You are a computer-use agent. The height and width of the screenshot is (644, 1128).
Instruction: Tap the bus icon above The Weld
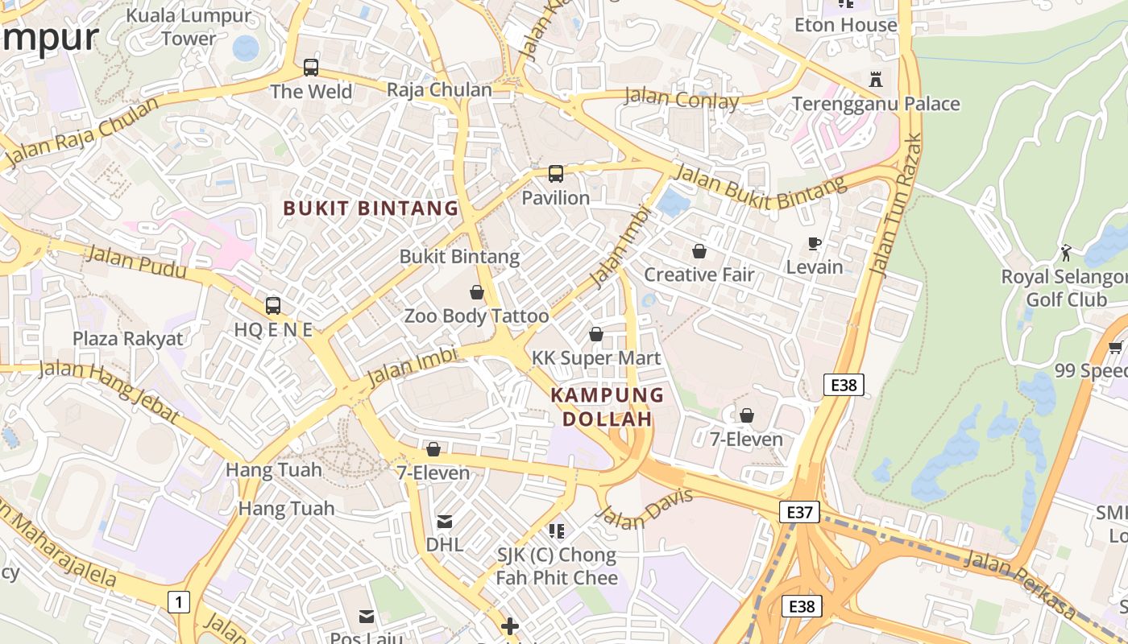[311, 68]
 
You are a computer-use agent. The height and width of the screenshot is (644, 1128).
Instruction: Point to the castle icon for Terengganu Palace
[876, 79]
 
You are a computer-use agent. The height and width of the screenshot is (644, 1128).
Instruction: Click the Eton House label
[845, 25]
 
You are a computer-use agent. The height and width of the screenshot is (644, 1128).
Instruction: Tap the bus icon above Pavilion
[556, 173]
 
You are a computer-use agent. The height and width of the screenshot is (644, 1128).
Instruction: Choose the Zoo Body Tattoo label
[476, 316]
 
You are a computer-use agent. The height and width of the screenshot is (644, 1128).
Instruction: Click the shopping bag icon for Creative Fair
[699, 251]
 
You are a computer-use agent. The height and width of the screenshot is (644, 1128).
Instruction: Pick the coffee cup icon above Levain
[815, 243]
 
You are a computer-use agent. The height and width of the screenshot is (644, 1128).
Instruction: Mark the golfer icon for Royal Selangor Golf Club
[1066, 252]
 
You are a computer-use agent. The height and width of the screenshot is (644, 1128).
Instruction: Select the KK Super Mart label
[596, 357]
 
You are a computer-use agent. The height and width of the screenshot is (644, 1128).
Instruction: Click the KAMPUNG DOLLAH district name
[608, 407]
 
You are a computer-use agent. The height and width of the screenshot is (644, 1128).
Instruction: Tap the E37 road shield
[799, 511]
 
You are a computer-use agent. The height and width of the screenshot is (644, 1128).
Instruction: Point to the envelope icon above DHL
[445, 522]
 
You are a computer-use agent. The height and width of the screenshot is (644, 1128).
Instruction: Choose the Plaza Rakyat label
[128, 338]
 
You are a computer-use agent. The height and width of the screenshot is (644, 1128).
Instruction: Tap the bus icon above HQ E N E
[273, 306]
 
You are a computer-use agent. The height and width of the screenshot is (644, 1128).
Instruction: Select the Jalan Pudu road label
[135, 262]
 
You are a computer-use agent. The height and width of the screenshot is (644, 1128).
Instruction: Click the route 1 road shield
[179, 601]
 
